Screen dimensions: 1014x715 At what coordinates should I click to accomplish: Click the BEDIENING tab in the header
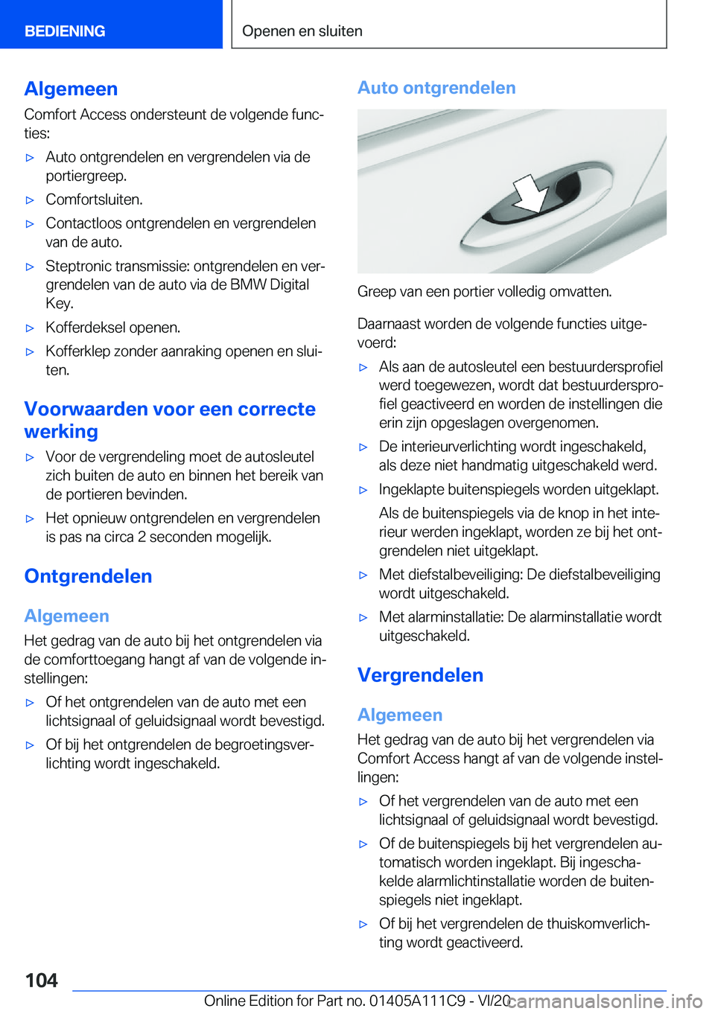click(x=65, y=31)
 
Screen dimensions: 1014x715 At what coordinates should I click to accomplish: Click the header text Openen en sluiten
click(x=302, y=31)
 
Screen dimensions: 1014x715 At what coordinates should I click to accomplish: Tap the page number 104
click(x=41, y=980)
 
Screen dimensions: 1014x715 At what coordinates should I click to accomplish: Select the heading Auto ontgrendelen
click(x=436, y=88)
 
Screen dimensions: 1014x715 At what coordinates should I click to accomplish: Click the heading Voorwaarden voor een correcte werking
click(x=170, y=420)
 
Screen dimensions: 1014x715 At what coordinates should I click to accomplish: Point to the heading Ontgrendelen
click(x=88, y=576)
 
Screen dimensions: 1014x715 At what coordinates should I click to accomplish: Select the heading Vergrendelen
click(x=420, y=675)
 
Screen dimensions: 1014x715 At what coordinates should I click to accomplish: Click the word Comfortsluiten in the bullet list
click(x=94, y=200)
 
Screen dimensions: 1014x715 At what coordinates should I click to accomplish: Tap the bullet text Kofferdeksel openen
click(x=112, y=328)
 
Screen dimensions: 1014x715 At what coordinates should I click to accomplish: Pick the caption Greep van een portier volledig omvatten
click(x=484, y=292)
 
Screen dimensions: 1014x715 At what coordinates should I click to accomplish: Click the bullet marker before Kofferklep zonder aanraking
click(x=30, y=351)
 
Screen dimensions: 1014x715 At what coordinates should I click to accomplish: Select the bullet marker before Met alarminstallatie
click(x=363, y=617)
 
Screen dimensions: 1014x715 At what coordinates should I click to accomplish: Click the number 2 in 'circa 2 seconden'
click(x=142, y=537)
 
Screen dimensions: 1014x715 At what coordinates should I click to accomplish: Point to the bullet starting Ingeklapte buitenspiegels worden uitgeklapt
click(x=518, y=489)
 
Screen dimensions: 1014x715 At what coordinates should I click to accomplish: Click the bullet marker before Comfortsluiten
click(x=30, y=200)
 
